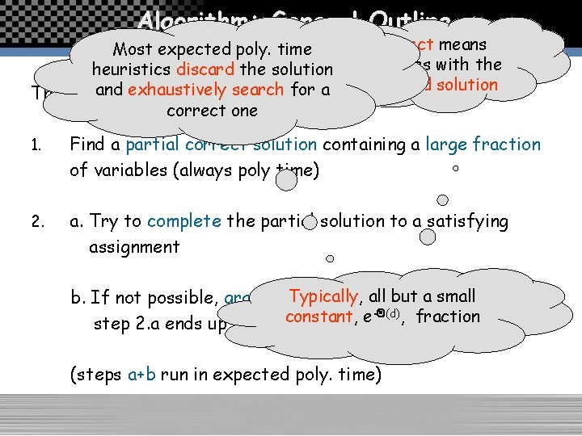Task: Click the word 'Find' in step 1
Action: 86,145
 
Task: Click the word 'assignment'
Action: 133,247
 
